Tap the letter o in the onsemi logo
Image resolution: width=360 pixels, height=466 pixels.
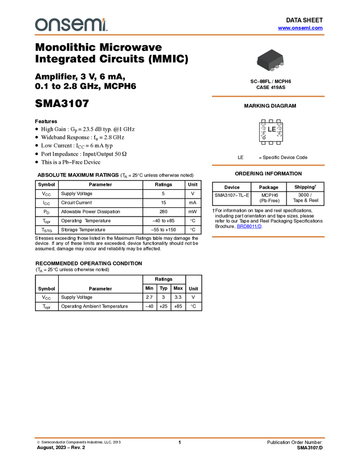pos(41,25)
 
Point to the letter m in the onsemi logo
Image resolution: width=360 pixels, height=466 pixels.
pos(94,25)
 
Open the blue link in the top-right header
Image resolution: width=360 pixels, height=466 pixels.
pos(300,28)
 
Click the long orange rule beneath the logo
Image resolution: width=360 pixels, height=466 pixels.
pos(180,35)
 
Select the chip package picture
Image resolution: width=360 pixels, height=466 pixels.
pos(271,60)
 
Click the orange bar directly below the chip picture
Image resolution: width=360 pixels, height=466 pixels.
pos(268,96)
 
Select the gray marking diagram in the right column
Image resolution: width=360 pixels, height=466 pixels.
pos(271,130)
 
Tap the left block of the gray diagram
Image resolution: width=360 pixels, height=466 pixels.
pos(264,130)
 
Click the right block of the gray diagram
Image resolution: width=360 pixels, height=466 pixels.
pos(277,130)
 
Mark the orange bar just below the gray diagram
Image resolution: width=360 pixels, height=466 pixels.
pos(268,165)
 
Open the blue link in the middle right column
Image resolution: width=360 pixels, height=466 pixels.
pos(249,226)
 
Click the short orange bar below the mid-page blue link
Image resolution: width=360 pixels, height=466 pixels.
pos(268,237)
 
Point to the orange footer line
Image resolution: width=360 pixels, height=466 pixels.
pos(180,438)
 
